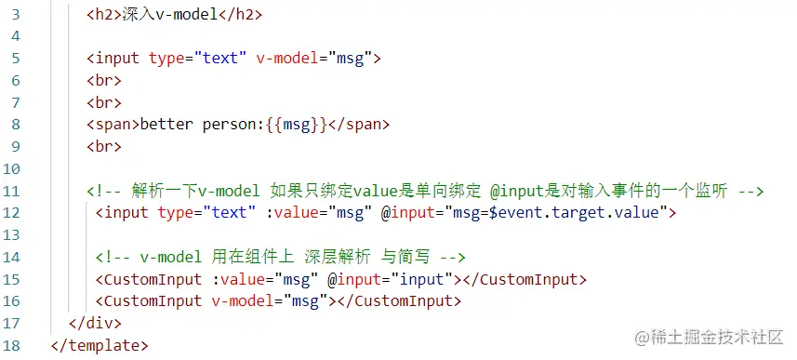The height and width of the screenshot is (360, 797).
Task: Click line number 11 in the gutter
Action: (14, 191)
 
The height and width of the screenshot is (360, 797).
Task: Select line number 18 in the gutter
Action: (14, 345)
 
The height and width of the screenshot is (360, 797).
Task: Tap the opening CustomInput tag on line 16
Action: (149, 300)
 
